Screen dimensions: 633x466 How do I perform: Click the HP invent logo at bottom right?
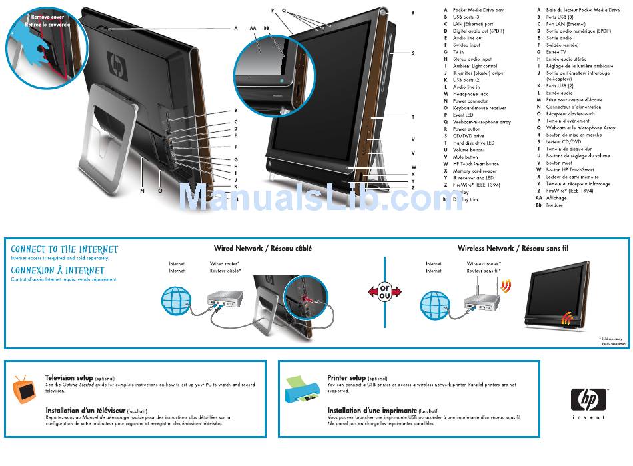click(590, 400)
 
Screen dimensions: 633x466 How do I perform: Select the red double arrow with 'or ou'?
click(384, 292)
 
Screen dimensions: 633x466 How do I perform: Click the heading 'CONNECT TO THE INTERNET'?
click(65, 249)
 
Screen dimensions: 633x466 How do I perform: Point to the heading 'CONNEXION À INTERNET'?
click(58, 271)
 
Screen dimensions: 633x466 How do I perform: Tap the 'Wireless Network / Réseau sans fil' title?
click(512, 249)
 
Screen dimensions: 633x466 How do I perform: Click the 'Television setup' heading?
click(69, 378)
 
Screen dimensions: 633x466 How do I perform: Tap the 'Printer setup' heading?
click(346, 378)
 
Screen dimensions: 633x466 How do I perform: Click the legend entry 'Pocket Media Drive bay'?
click(478, 10)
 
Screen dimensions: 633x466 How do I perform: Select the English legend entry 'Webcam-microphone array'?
click(482, 122)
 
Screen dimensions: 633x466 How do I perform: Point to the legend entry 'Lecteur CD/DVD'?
click(564, 142)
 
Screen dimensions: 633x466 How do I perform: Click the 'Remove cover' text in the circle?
click(47, 17)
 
